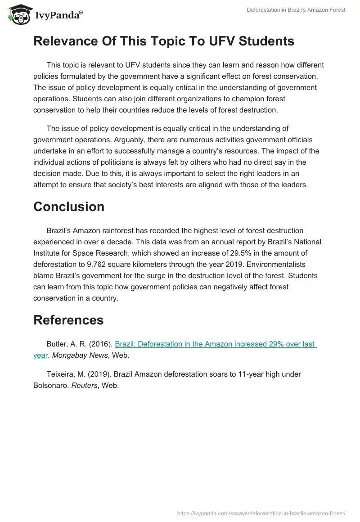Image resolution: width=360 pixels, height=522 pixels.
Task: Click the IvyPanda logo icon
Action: (x=18, y=14)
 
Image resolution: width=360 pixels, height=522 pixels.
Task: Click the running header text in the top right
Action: (x=296, y=10)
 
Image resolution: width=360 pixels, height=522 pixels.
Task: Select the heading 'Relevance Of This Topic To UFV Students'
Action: (x=164, y=41)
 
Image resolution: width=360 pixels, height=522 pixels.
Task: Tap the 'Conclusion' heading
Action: (x=69, y=207)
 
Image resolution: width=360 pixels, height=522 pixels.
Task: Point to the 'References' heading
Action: (x=68, y=319)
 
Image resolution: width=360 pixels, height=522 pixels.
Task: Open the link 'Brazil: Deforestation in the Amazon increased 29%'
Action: (x=216, y=344)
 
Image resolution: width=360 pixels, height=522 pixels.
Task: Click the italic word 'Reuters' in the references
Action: (x=84, y=385)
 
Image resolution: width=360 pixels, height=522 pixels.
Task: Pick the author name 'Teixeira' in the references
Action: (x=61, y=374)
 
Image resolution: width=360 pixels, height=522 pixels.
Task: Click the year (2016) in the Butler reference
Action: (x=100, y=344)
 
